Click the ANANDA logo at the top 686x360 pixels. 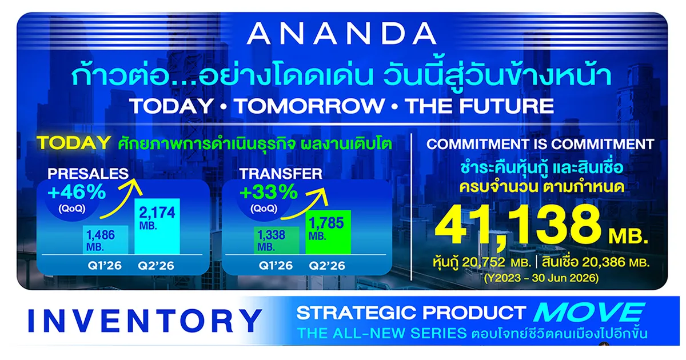(341, 34)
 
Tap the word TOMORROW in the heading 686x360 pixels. (310, 106)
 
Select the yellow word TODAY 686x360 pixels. (74, 143)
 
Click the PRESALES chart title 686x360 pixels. (88, 174)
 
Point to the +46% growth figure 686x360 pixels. (77, 192)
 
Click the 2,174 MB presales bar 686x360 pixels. (157, 226)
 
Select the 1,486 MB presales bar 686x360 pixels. (106, 239)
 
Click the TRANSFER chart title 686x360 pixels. (281, 174)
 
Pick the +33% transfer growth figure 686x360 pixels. (269, 192)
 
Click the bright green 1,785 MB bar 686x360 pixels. (328, 232)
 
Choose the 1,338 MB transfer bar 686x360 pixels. (277, 241)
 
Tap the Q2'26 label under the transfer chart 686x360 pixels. (327, 265)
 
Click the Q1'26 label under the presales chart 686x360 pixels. (105, 265)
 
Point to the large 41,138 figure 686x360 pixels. (517, 226)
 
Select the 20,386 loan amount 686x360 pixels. (603, 262)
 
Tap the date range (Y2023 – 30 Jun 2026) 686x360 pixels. (541, 278)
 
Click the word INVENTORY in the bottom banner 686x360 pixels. (145, 321)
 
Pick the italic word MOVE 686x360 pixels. (589, 313)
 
